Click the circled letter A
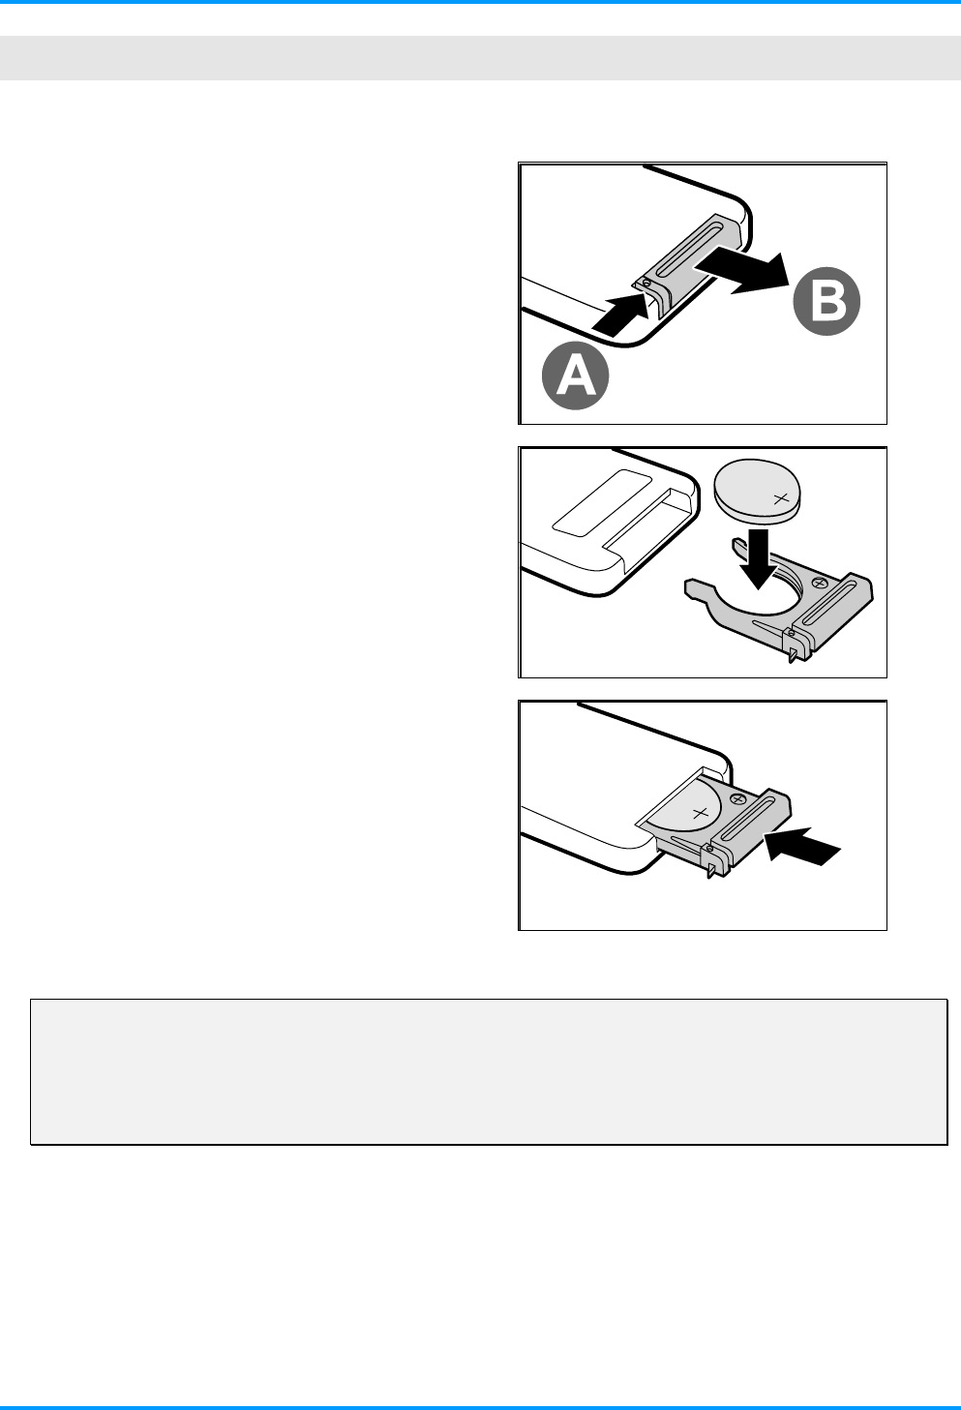pos(575,375)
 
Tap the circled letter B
pos(826,301)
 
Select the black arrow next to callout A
pos(621,313)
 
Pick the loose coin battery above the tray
pos(759,492)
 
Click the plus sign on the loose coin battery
pos(780,499)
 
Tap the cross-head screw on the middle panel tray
pos(820,583)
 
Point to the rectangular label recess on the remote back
pos(602,502)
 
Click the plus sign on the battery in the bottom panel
pos(700,813)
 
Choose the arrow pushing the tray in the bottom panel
pos(802,846)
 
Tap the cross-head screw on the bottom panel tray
pos(738,798)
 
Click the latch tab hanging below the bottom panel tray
pos(711,871)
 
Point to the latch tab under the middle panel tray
pos(791,654)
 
